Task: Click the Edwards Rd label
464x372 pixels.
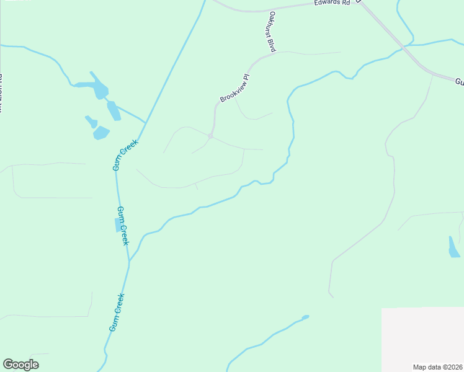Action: pyautogui.click(x=332, y=3)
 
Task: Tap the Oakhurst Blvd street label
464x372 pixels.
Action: pyautogui.click(x=272, y=31)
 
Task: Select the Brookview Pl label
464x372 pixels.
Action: pyautogui.click(x=234, y=89)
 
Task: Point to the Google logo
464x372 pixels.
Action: pyautogui.click(x=20, y=365)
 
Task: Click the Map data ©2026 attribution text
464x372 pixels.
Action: pyautogui.click(x=437, y=367)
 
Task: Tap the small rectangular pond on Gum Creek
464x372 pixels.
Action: pyautogui.click(x=118, y=225)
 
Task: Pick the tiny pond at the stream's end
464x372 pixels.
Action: pyautogui.click(x=305, y=317)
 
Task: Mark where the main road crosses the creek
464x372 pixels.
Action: pyautogui.click(x=404, y=46)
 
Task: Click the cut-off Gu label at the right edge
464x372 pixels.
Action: pyautogui.click(x=459, y=82)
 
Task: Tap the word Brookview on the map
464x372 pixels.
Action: pyautogui.click(x=230, y=92)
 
